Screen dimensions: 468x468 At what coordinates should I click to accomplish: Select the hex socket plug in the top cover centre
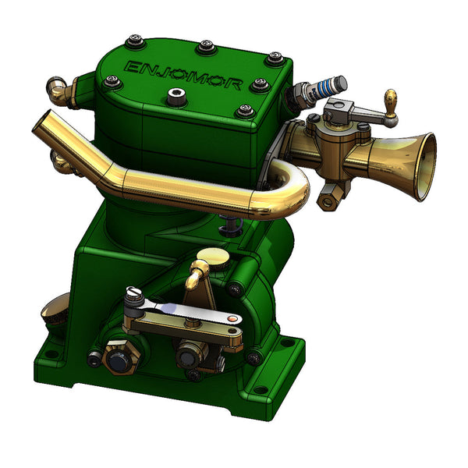pyautogui.click(x=175, y=97)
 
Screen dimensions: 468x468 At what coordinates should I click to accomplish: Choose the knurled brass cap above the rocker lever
pyautogui.click(x=211, y=256)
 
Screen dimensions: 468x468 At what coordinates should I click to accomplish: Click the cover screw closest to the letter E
pyautogui.click(x=115, y=80)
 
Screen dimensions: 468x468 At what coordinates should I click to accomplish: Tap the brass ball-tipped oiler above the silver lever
pyautogui.click(x=198, y=269)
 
